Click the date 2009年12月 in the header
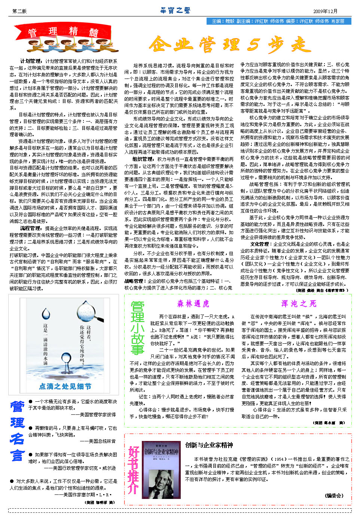tap(325, 11)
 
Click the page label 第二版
tap(19, 11)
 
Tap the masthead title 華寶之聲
tap(175, 10)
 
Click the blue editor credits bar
tap(278, 21)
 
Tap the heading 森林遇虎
tap(193, 304)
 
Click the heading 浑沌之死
tap(299, 304)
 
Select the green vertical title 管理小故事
tap(137, 328)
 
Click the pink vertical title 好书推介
tap(133, 470)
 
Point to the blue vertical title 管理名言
tap(17, 431)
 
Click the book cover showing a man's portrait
tap(161, 469)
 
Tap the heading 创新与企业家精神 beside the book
tap(209, 445)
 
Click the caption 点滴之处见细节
tap(65, 386)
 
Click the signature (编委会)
tap(334, 496)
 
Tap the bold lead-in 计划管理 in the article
tap(31, 61)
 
